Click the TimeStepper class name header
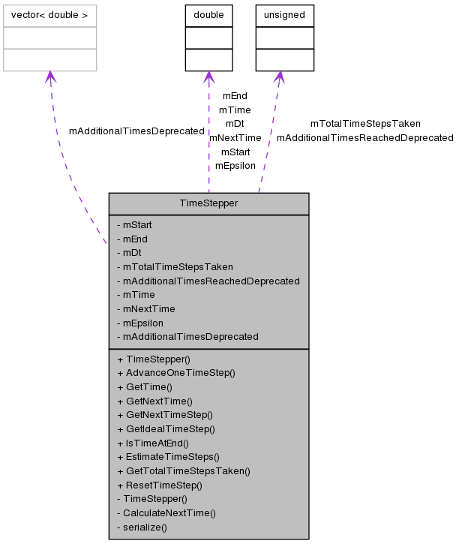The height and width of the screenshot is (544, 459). pos(208,203)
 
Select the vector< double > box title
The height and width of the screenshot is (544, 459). pos(49,15)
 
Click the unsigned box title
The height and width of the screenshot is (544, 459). pos(284,15)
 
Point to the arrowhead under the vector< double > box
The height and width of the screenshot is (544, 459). pos(50,77)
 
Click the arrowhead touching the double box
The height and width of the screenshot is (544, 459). pos(208,77)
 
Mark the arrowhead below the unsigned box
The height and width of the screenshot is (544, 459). pos(279,77)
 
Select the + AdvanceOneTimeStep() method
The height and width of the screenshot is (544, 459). pos(176,373)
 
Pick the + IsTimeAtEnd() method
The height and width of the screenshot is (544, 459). pos(153,443)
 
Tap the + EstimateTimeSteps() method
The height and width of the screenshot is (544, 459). pos(168,456)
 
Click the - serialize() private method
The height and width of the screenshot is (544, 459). pos(142,527)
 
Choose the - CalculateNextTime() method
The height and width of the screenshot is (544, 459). pos(166,513)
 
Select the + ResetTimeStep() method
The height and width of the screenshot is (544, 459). pos(160,485)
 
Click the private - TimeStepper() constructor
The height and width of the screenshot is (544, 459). pos(152,498)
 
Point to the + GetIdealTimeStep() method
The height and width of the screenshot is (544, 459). pos(166,429)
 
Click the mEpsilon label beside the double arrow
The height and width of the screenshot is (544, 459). pos(235,165)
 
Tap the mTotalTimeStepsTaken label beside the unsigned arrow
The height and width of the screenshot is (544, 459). pos(365,124)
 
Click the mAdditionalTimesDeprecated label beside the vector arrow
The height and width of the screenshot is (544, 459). pos(136,131)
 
